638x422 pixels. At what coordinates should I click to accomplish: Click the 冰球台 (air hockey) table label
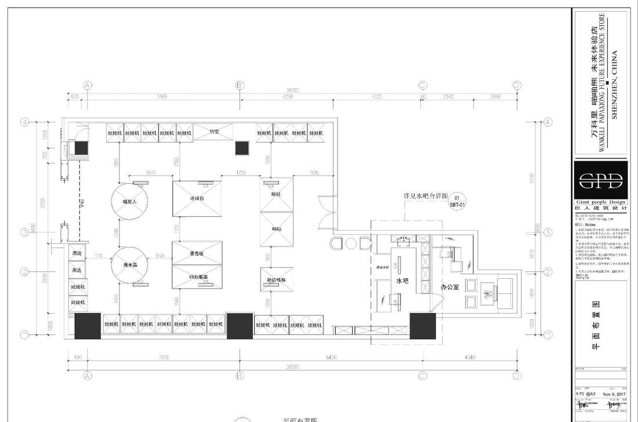197,198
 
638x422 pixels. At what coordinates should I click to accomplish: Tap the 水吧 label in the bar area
402,281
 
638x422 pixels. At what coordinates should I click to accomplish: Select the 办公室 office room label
450,287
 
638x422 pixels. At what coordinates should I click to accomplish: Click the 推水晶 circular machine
129,265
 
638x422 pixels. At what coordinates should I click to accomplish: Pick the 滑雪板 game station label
197,254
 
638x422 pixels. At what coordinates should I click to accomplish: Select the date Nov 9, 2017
614,394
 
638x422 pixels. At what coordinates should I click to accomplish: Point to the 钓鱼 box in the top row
214,132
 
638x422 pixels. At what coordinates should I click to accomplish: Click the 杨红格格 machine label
276,279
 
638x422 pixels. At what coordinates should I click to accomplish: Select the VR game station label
197,277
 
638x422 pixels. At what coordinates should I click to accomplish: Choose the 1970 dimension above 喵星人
151,173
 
